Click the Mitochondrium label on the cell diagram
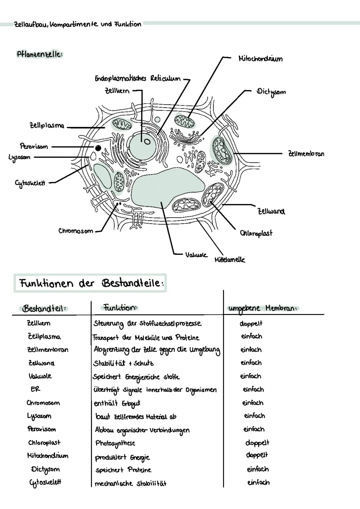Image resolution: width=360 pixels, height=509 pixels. click(260, 59)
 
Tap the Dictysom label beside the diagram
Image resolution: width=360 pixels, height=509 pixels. click(271, 92)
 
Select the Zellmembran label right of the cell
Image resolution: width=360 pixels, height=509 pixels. click(306, 154)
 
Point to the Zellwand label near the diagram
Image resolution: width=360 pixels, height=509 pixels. click(271, 211)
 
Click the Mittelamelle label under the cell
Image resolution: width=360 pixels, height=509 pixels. click(230, 259)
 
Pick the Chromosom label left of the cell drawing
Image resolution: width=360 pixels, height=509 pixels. click(76, 231)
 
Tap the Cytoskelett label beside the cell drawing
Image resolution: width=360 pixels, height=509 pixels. click(30, 183)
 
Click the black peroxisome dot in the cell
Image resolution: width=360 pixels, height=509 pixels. click(98, 148)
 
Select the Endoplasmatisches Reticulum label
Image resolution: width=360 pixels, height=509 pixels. click(138, 79)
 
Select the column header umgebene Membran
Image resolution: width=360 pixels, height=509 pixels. click(262, 308)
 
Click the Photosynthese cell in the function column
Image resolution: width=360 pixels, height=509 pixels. click(115, 443)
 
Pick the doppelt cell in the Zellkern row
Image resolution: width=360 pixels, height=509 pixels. click(251, 323)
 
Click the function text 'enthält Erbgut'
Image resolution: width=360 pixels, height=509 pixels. click(117, 403)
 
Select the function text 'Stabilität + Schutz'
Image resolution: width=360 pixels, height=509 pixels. click(123, 363)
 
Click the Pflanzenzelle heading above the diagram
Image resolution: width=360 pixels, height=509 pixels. click(39, 54)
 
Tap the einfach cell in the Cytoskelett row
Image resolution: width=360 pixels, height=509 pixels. click(258, 482)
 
